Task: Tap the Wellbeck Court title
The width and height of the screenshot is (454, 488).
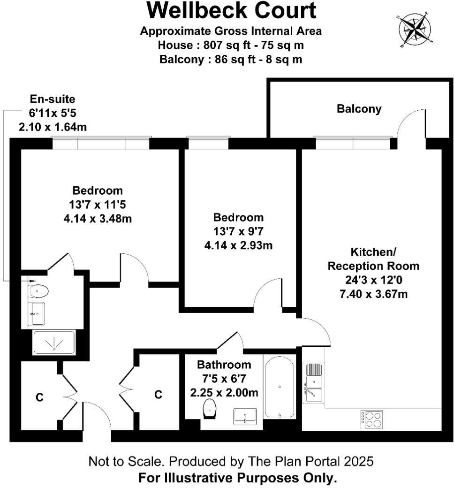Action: point(231,10)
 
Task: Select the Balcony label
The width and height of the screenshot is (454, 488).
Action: point(359,109)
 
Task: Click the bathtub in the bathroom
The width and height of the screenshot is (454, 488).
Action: point(280,387)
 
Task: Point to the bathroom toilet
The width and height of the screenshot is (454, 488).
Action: point(210,408)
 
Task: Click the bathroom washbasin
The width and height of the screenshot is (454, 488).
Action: point(245,416)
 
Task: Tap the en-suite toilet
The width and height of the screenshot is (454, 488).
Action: point(38,291)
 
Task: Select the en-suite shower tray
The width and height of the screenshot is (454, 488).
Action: point(54,343)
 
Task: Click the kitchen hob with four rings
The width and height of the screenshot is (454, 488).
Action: point(371,419)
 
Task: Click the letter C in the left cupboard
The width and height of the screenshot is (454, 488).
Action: point(40,397)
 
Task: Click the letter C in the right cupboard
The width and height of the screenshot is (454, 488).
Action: point(159,395)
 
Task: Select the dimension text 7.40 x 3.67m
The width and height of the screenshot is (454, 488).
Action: point(373,294)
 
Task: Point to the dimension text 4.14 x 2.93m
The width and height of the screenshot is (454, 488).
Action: point(238,244)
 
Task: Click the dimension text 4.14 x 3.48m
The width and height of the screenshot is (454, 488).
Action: point(97,218)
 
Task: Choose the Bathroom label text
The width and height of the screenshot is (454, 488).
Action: point(224,365)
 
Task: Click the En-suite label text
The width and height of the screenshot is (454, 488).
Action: point(53,99)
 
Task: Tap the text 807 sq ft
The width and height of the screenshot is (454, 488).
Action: point(221,46)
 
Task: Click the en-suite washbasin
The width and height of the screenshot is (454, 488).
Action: point(37,313)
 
